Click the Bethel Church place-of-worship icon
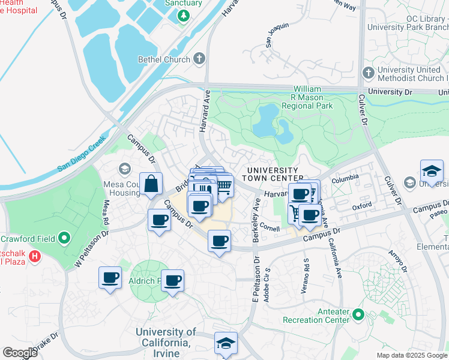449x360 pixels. tap(199, 59)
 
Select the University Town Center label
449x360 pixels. tap(273, 174)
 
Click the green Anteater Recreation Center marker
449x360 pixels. tap(358, 314)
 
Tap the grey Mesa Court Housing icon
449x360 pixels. tap(124, 167)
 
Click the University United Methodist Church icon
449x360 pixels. tap(368, 73)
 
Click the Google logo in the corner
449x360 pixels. tap(20, 352)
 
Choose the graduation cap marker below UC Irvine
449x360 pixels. tap(226, 343)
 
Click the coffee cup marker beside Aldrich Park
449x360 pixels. tap(172, 281)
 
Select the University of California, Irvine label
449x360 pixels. tap(166, 337)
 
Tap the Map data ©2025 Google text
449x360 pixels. tap(411, 355)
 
